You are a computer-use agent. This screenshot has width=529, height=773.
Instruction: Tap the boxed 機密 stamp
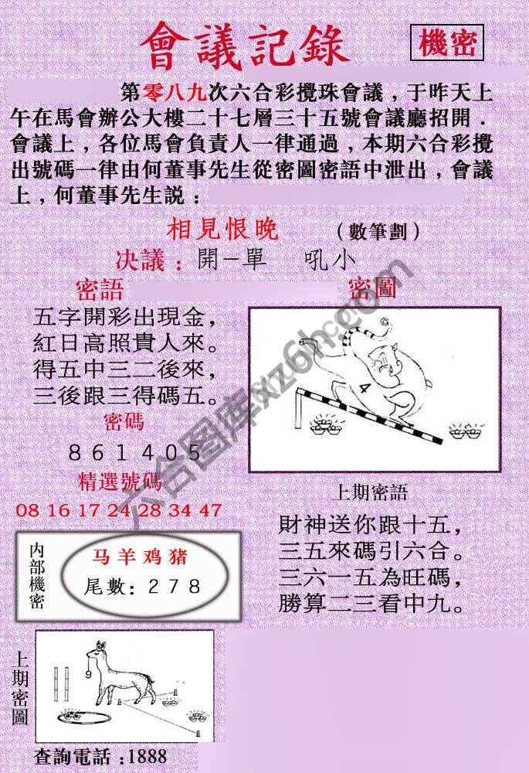click(447, 44)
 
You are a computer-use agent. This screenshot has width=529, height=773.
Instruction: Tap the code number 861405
click(135, 453)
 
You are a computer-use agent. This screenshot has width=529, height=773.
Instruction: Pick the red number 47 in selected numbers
click(209, 510)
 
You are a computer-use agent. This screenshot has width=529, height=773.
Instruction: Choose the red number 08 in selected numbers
click(25, 510)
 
